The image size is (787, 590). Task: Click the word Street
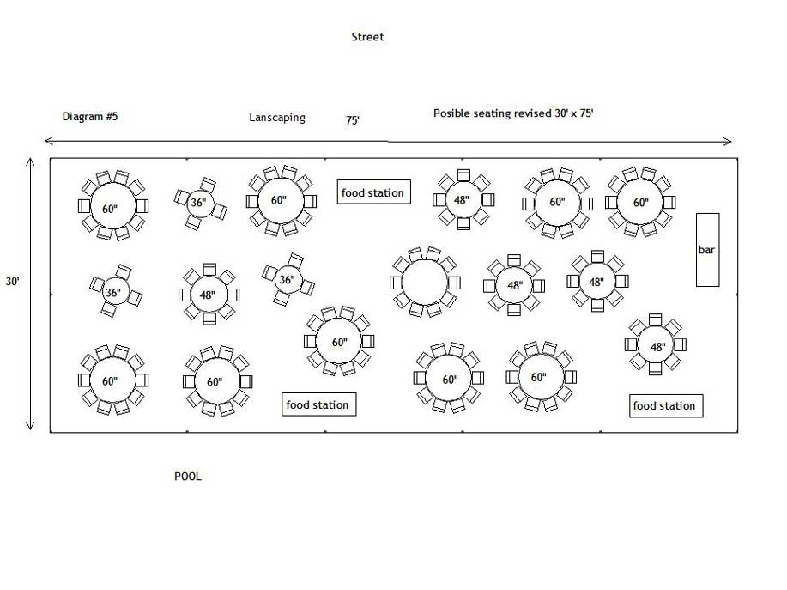click(367, 37)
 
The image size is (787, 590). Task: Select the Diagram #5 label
click(90, 116)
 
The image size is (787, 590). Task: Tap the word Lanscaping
click(276, 118)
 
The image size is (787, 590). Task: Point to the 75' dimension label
click(353, 121)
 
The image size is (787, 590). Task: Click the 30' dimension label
click(12, 281)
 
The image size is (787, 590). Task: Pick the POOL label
click(188, 476)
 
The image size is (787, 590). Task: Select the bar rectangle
click(707, 249)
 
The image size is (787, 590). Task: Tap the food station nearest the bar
click(666, 405)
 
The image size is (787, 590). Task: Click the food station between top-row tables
click(372, 192)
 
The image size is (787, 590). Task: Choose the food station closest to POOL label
click(318, 404)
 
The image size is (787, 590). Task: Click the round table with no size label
click(425, 282)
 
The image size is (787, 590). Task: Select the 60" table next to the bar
click(640, 203)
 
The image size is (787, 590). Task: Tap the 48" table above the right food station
click(657, 347)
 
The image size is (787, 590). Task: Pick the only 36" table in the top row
click(198, 203)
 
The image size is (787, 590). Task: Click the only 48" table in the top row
click(463, 200)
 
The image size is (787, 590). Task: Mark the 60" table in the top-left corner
click(110, 208)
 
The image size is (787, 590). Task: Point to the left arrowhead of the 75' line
click(47, 141)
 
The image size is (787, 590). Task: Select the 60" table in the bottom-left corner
click(110, 381)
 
